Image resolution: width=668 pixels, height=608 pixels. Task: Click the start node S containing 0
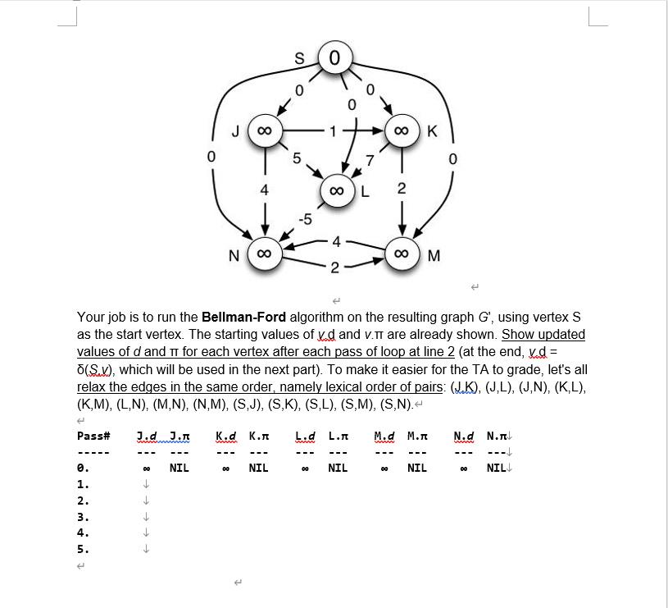334,58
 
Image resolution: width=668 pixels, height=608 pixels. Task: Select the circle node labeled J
265,131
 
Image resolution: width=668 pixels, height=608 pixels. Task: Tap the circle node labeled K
402,131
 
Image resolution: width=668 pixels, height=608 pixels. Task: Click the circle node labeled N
265,255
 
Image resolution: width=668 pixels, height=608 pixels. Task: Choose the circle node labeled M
402,255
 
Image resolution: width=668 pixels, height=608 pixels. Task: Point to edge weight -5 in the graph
305,219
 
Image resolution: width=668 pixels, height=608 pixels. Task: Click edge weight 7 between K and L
370,159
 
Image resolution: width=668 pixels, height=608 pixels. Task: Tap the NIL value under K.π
258,468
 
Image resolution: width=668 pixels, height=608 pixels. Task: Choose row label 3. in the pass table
83,517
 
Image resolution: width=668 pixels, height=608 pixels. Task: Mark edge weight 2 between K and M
402,189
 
